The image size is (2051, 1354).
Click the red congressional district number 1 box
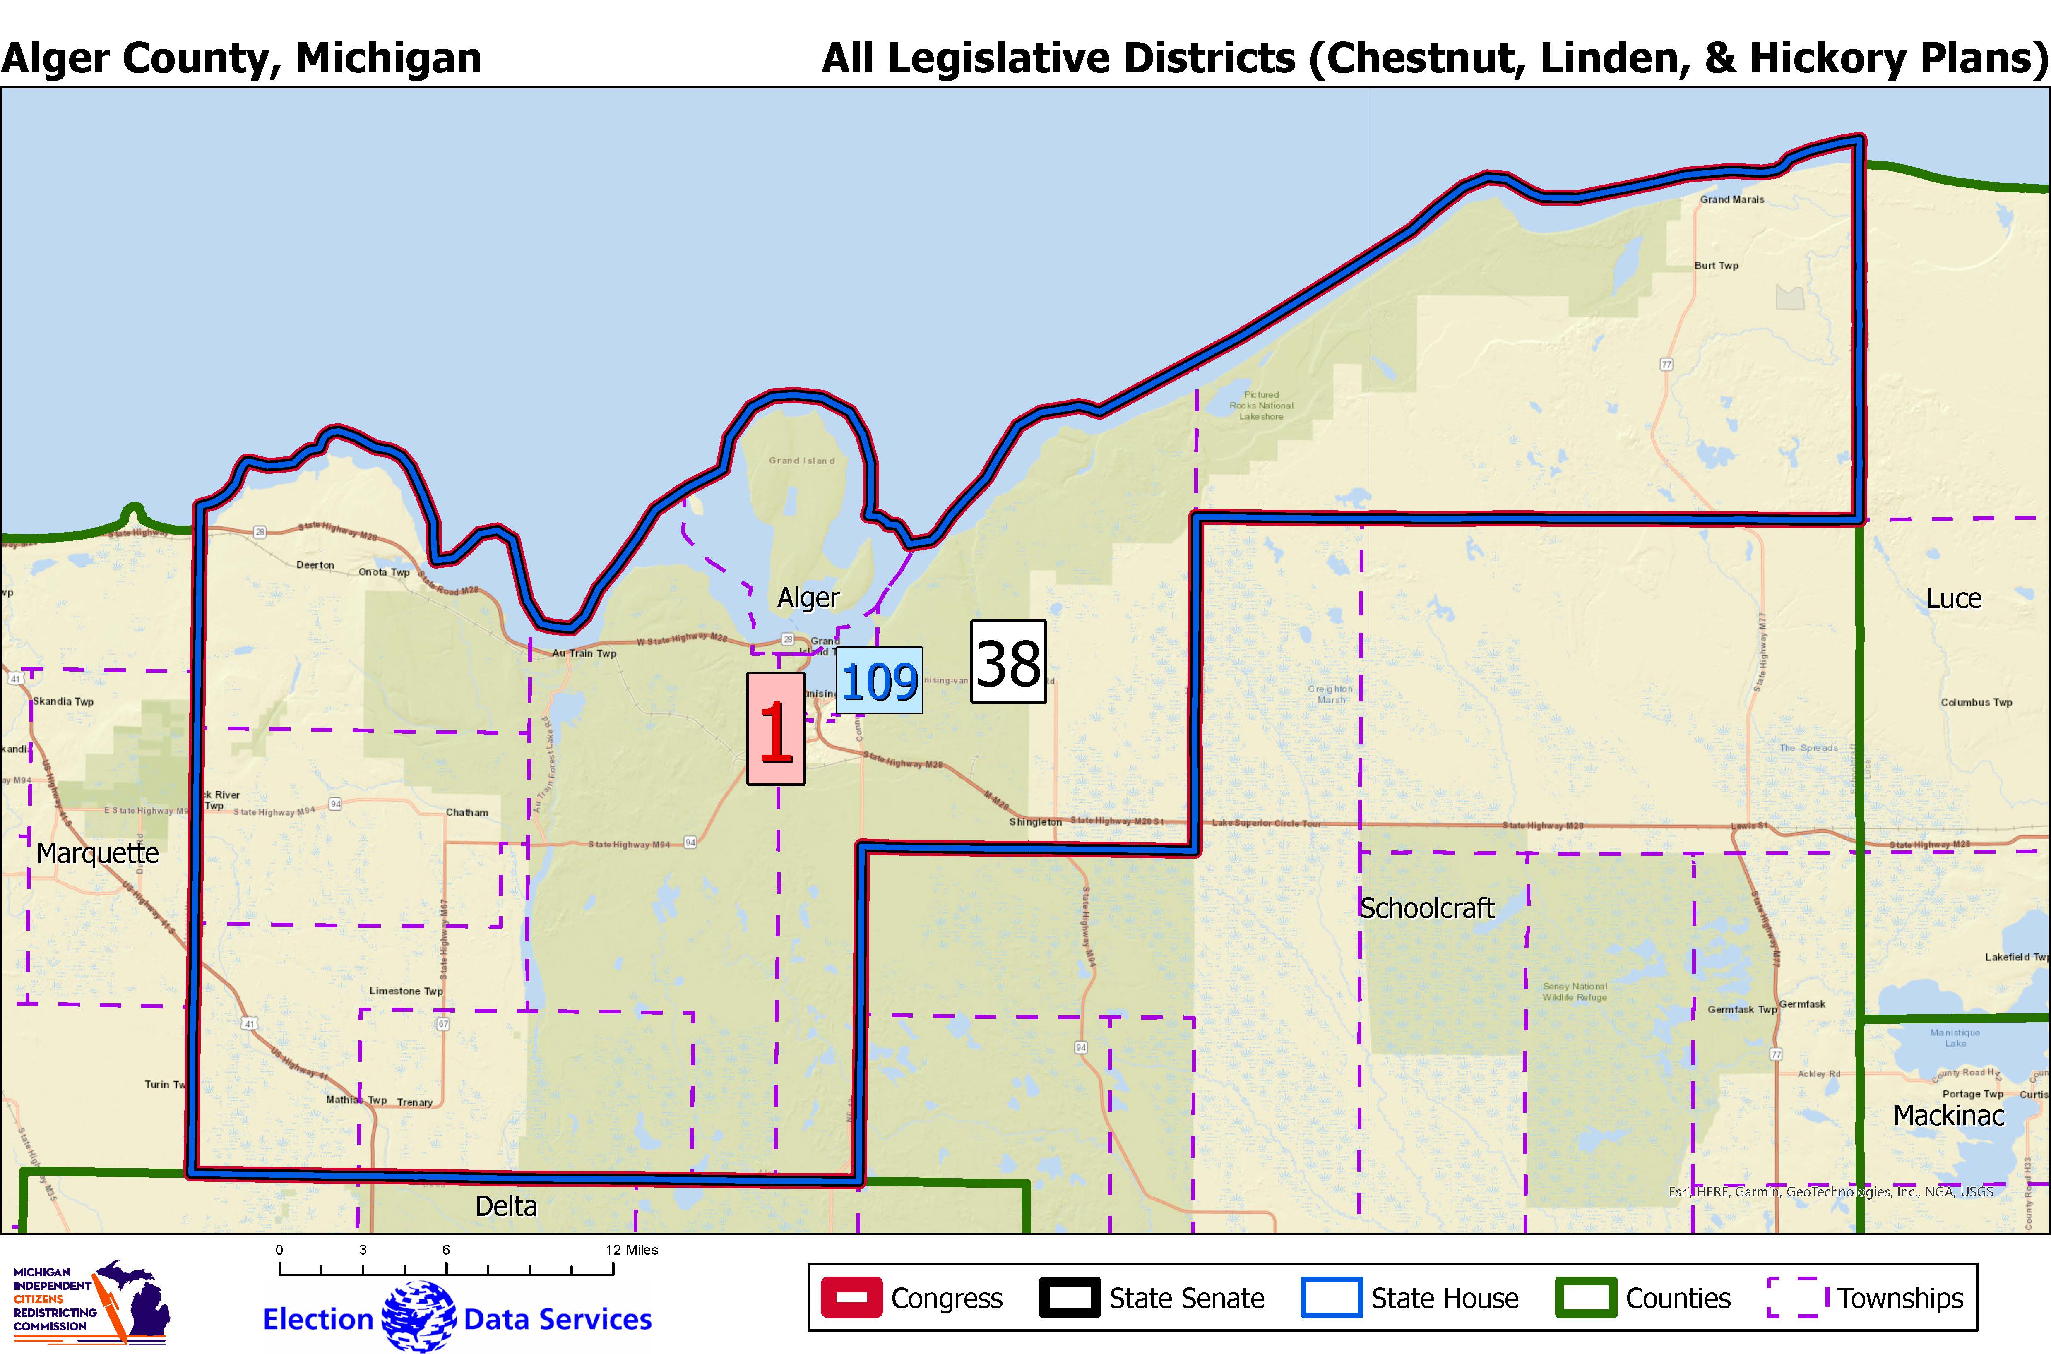click(x=776, y=729)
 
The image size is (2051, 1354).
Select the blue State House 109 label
click(x=879, y=680)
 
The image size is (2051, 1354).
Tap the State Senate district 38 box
click(x=1008, y=661)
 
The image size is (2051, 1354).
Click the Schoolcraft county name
click(x=1427, y=908)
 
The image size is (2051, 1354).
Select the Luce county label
click(x=1953, y=598)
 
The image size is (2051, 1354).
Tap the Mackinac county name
click(x=1948, y=1116)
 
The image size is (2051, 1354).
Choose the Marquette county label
click(x=98, y=853)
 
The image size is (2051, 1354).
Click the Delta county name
click(x=506, y=1206)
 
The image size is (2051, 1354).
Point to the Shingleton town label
click(x=1035, y=822)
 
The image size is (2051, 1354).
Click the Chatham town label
click(x=467, y=813)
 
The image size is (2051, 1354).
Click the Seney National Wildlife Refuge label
click(x=1575, y=991)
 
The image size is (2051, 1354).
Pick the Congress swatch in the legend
click(x=851, y=1298)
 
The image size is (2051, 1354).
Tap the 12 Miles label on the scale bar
click(x=632, y=1250)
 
